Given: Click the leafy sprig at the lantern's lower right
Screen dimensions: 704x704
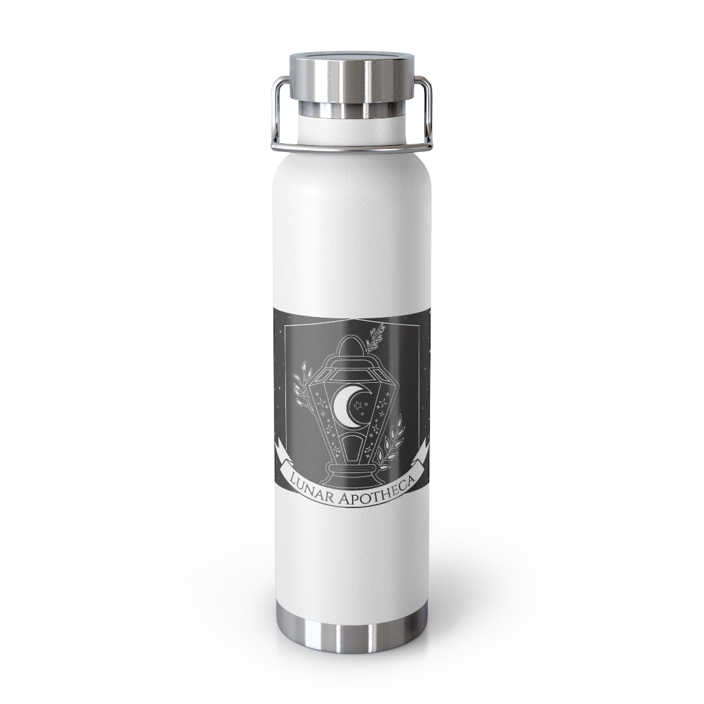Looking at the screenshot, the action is pyautogui.click(x=390, y=442).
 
